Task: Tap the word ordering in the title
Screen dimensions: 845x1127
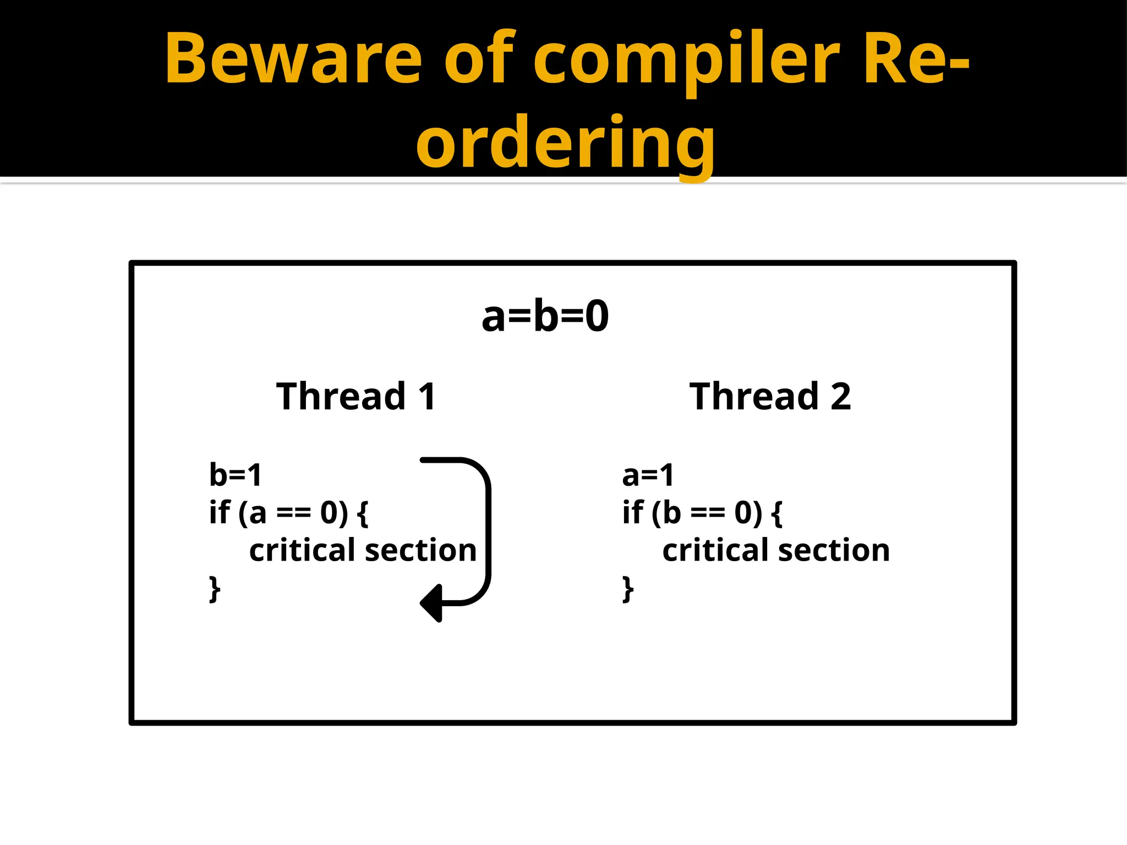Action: [x=565, y=144]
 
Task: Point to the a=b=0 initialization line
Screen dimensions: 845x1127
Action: [x=545, y=316]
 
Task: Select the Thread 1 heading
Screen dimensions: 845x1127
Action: [x=356, y=396]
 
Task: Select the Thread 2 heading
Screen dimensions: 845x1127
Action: [x=770, y=396]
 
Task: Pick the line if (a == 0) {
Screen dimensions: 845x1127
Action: [x=288, y=513]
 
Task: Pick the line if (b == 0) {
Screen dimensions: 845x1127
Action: [x=702, y=513]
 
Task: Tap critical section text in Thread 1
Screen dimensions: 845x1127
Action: [x=363, y=550]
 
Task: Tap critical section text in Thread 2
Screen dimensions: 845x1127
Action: [x=776, y=550]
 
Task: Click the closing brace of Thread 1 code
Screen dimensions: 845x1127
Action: [x=215, y=589]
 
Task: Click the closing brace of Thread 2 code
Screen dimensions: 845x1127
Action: [x=628, y=589]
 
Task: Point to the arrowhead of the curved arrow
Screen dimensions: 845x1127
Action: [x=432, y=603]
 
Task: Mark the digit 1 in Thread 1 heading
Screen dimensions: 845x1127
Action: [x=427, y=396]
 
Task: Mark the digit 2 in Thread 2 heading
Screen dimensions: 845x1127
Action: [x=840, y=396]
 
